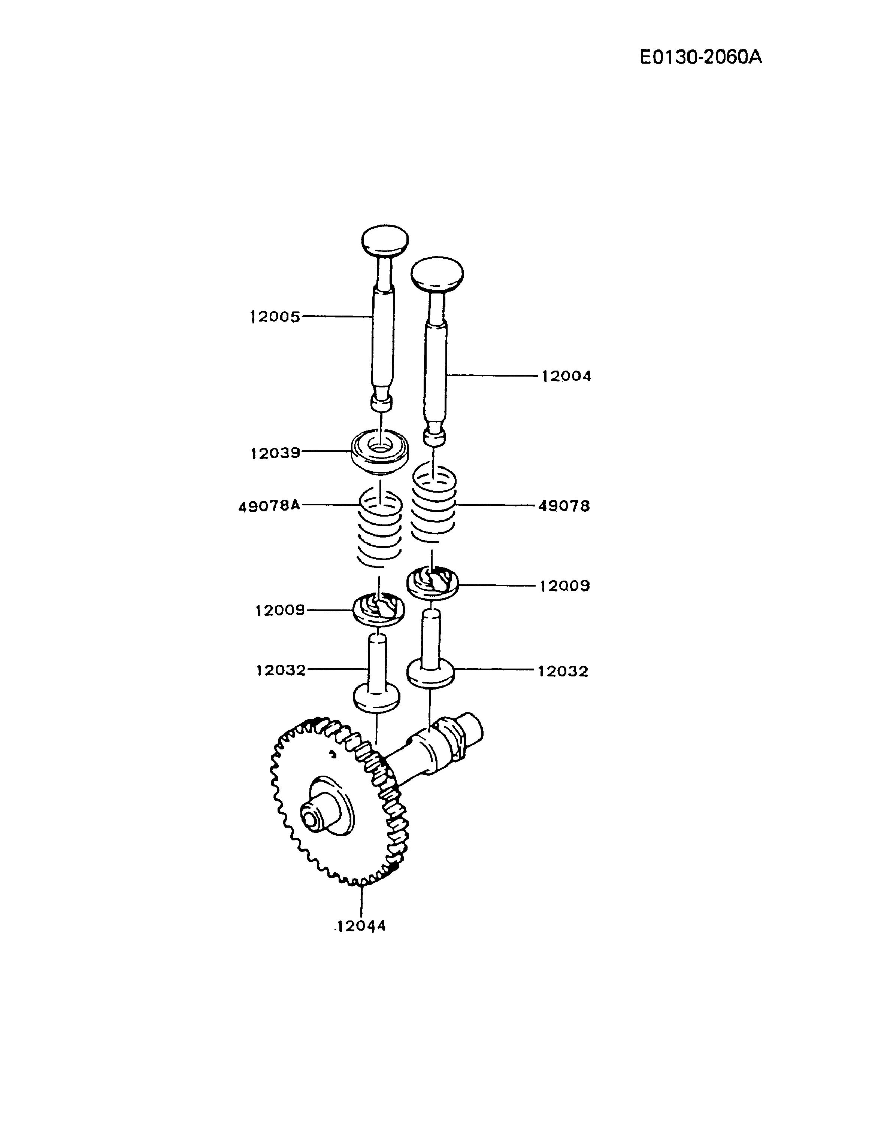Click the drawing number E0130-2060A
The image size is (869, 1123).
pyautogui.click(x=700, y=57)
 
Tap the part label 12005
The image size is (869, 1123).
pyautogui.click(x=275, y=317)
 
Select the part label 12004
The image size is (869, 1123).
pyautogui.click(x=566, y=376)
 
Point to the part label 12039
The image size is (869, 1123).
pyautogui.click(x=275, y=453)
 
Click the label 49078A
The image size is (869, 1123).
pyautogui.click(x=269, y=506)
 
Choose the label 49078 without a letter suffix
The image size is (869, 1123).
pyautogui.click(x=564, y=506)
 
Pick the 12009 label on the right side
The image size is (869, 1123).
pyautogui.click(x=564, y=586)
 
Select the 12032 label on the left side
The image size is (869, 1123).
pyautogui.click(x=281, y=670)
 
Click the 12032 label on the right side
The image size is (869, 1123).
pyautogui.click(x=563, y=671)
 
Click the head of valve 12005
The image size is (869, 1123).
pyautogui.click(x=385, y=239)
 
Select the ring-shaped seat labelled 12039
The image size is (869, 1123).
pyautogui.click(x=380, y=450)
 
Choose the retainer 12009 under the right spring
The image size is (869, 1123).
pyautogui.click(x=432, y=582)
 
